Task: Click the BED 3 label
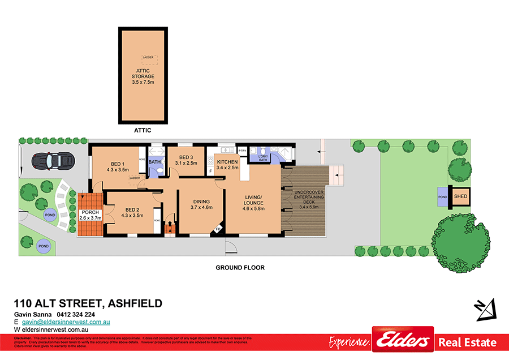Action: (x=186, y=160)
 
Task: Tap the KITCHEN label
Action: (x=227, y=165)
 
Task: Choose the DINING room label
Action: (x=201, y=204)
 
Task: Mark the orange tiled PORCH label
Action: (x=90, y=215)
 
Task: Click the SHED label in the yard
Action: (x=460, y=196)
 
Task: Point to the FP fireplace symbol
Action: (x=218, y=229)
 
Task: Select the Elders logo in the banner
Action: (x=402, y=342)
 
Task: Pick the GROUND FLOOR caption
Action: (x=240, y=268)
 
